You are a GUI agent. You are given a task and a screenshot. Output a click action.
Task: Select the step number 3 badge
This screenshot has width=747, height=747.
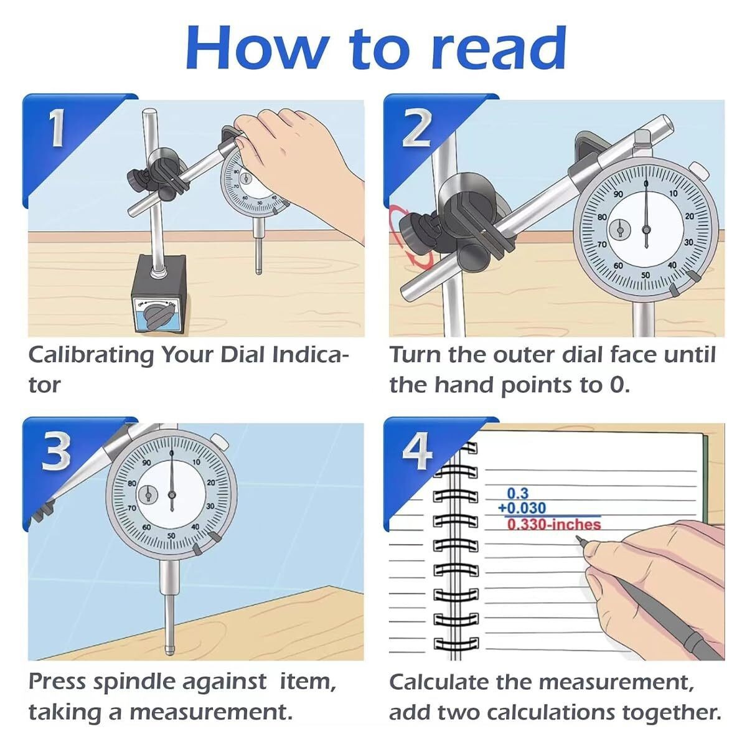coord(56,452)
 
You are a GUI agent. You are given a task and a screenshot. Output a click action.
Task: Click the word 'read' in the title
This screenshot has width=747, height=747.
coord(498,49)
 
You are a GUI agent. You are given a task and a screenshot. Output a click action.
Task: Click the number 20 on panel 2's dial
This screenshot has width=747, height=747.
coord(689,216)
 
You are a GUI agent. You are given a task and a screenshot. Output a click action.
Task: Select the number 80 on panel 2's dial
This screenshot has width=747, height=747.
coord(601,217)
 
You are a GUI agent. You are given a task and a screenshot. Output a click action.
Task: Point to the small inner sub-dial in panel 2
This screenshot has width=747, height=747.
coord(619,229)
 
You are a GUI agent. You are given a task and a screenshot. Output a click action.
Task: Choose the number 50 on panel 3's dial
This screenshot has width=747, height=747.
coord(171,535)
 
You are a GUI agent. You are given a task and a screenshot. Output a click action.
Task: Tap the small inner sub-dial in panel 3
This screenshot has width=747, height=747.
coord(148,496)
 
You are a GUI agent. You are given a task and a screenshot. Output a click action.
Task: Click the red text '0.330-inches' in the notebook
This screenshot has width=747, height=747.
coord(553,524)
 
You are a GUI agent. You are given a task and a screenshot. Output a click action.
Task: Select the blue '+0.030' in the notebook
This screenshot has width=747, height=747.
coord(522,509)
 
